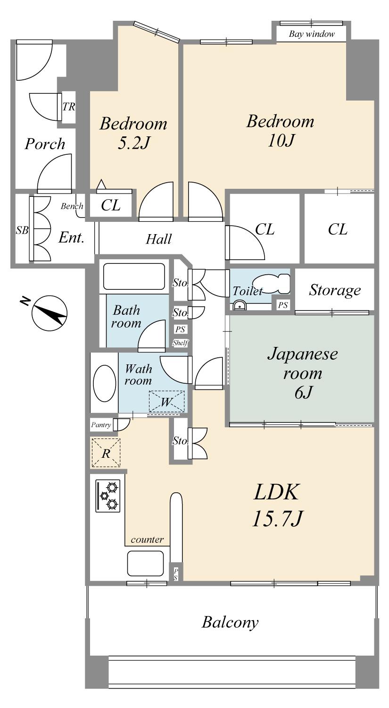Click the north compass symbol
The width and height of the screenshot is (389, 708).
click(49, 312)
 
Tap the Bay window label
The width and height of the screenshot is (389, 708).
click(312, 34)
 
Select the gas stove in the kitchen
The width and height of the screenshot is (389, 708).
click(108, 496)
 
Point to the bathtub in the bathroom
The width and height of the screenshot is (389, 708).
click(133, 277)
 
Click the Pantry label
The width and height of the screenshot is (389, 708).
click(101, 425)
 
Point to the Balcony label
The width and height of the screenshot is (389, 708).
click(230, 622)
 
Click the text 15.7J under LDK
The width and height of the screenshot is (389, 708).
click(276, 520)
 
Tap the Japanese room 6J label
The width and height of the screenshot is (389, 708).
click(302, 373)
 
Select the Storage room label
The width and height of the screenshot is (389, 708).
click(335, 290)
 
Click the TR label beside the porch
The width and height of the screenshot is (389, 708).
click(69, 107)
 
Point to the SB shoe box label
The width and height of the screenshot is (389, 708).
click(22, 230)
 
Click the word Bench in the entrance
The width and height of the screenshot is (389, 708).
click(72, 206)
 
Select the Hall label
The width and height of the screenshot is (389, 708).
click(158, 239)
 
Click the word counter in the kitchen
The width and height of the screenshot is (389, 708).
click(147, 539)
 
